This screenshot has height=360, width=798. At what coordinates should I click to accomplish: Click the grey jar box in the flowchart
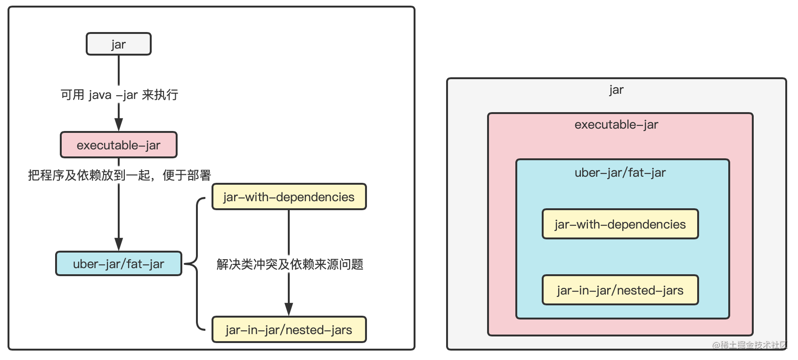tap(118, 44)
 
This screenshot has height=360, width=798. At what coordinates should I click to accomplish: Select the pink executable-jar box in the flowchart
tap(118, 145)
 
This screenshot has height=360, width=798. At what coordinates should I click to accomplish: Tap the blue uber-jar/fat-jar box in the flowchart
tap(118, 263)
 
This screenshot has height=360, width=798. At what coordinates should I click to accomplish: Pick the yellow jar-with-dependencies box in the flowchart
tap(289, 196)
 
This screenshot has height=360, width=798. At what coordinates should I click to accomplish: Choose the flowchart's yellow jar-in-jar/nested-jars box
tap(289, 329)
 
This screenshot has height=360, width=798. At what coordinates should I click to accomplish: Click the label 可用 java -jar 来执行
tap(119, 95)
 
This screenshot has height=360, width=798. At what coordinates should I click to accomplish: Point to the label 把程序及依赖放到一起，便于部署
tap(119, 175)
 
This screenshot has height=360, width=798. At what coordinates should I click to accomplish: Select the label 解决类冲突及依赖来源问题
tap(290, 264)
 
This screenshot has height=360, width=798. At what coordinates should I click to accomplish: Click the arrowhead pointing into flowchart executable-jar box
tap(119, 124)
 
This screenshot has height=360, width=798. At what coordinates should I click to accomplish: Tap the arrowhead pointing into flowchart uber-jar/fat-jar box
tap(119, 244)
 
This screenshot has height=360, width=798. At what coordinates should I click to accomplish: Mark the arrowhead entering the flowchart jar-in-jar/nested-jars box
tap(289, 309)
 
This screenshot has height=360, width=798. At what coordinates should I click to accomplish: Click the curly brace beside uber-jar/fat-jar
tap(195, 264)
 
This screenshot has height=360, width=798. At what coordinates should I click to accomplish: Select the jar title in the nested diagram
tap(616, 90)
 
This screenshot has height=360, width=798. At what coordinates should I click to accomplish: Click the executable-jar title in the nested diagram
tap(616, 124)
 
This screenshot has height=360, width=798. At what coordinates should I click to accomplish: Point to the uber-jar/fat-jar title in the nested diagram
tap(620, 172)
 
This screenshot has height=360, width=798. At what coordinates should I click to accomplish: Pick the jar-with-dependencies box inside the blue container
tap(620, 224)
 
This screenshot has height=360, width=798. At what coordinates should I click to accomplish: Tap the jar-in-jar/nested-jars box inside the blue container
tap(620, 290)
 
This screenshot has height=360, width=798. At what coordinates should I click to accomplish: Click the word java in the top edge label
tap(100, 95)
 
